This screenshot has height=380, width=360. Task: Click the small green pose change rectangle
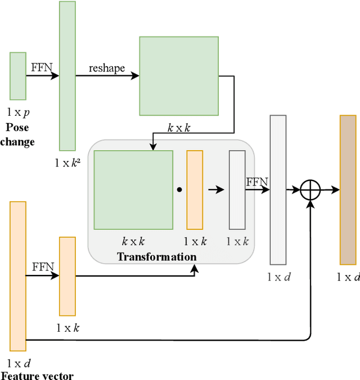[18, 76]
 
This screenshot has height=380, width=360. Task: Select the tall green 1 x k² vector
[67, 76]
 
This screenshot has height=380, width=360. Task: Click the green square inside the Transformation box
[133, 189]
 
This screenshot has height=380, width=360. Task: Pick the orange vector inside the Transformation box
[195, 189]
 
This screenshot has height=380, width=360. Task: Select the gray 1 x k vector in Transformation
[237, 189]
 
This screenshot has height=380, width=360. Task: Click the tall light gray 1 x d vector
[278, 189]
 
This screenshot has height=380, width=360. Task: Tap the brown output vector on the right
[348, 189]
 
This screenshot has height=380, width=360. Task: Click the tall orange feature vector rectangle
[18, 276]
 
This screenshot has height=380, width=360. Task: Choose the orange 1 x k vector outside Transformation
[67, 276]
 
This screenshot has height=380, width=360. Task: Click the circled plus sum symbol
[310, 190]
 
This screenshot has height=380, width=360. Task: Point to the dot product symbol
[179, 190]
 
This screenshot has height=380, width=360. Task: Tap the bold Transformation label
[157, 257]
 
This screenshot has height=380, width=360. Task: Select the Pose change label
[17, 135]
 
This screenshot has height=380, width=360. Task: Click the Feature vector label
[37, 376]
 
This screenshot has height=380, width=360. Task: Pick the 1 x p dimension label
[18, 113]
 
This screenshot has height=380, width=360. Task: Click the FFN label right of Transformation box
[257, 182]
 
